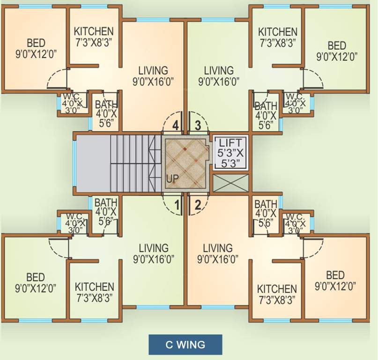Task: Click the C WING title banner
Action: tap(185, 345)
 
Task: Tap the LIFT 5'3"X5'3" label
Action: tap(230, 152)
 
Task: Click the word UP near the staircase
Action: tap(171, 179)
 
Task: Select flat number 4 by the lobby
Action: tap(175, 125)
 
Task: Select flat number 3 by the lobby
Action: tap(197, 125)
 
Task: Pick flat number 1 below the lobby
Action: tap(177, 204)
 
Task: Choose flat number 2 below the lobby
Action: tap(197, 204)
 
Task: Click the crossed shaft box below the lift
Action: tap(230, 183)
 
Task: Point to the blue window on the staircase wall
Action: tap(74, 163)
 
